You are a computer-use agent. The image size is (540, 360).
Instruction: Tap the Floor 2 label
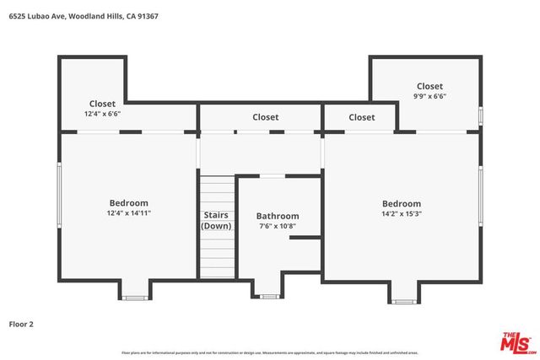click(21, 323)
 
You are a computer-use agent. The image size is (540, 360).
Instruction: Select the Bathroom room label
click(278, 217)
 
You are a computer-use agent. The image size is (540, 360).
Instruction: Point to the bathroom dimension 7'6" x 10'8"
click(278, 226)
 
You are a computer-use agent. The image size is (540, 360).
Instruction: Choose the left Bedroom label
click(128, 202)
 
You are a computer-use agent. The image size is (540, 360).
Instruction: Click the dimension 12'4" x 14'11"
click(128, 212)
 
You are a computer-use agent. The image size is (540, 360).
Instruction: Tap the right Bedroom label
click(401, 203)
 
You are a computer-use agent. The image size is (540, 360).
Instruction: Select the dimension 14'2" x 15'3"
click(401, 213)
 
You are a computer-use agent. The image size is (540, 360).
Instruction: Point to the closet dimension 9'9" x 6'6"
click(429, 96)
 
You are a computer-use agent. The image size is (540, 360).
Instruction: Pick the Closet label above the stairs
click(265, 117)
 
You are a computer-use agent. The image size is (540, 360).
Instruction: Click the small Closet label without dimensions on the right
click(361, 117)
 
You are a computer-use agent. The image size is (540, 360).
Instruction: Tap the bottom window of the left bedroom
click(135, 297)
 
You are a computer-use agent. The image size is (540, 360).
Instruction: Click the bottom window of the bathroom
click(269, 296)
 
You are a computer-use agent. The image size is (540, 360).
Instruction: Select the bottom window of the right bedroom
click(402, 301)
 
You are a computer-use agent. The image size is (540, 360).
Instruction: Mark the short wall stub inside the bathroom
click(304, 239)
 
